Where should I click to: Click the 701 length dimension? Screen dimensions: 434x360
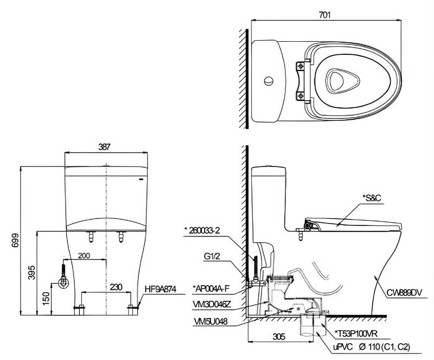324,15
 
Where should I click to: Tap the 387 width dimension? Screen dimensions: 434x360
104,147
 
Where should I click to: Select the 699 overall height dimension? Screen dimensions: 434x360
16,240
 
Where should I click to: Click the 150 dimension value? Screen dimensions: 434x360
46,299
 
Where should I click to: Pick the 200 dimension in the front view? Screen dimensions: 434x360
84,255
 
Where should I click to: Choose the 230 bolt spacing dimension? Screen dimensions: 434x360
116,287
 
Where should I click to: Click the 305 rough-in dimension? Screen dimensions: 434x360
279,337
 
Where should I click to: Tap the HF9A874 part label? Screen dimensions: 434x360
160,289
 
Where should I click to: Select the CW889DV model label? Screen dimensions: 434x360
404,292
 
